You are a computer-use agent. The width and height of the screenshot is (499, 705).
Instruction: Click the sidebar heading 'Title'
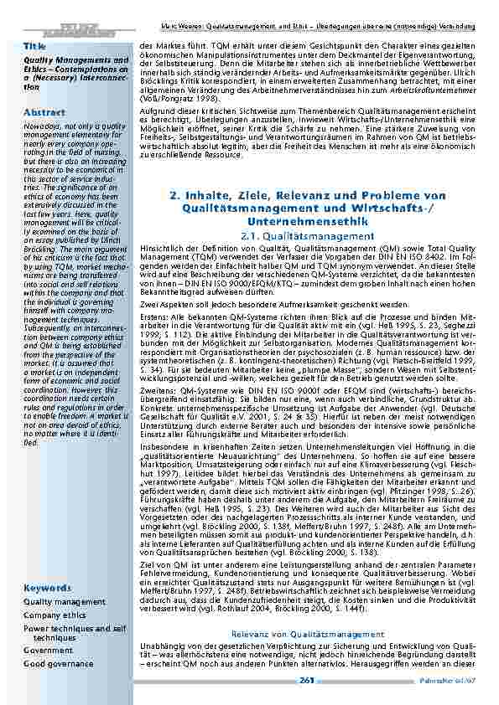pos(34,45)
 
